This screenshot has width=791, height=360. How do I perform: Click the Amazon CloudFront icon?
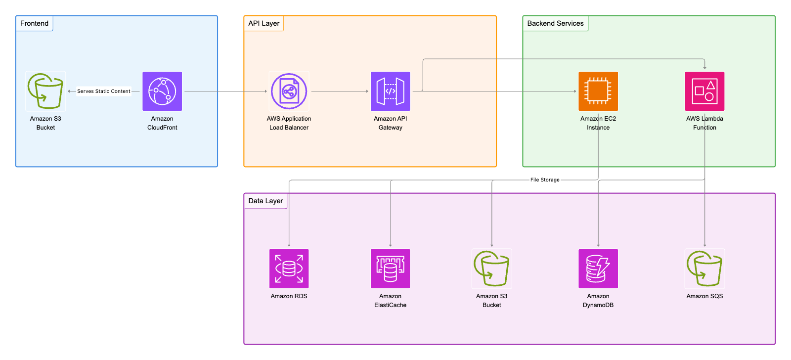pyautogui.click(x=162, y=91)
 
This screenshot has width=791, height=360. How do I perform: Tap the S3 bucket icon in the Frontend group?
pyautogui.click(x=45, y=91)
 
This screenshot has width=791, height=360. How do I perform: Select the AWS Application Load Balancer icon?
pyautogui.click(x=289, y=91)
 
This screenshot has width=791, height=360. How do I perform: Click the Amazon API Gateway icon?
pyautogui.click(x=390, y=91)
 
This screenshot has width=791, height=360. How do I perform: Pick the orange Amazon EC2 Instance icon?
pyautogui.click(x=598, y=91)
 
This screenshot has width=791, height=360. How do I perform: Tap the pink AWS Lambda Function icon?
pyautogui.click(x=704, y=91)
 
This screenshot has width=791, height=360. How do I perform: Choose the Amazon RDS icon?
pyautogui.click(x=289, y=269)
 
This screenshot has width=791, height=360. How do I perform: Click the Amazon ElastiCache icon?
pyautogui.click(x=390, y=269)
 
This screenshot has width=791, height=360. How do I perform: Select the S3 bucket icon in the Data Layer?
pyautogui.click(x=491, y=269)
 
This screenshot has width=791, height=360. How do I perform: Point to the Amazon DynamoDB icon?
pyautogui.click(x=598, y=269)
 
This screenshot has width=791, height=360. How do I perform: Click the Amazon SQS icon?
pyautogui.click(x=704, y=269)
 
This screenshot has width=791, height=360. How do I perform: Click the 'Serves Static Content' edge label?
pyautogui.click(x=104, y=91)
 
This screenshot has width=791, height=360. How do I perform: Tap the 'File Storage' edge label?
pyautogui.click(x=545, y=180)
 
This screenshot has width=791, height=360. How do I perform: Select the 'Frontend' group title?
pyautogui.click(x=34, y=23)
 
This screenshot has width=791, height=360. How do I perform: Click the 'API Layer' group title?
pyautogui.click(x=264, y=23)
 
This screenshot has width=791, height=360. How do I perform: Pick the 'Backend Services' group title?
pyautogui.click(x=555, y=23)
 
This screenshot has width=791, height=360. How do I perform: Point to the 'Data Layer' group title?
pyautogui.click(x=265, y=201)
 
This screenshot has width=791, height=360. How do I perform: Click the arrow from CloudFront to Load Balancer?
pyautogui.click(x=225, y=91)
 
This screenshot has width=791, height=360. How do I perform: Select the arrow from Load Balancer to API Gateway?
pyautogui.click(x=340, y=91)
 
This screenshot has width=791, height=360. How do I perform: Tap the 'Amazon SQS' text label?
pyautogui.click(x=704, y=296)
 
